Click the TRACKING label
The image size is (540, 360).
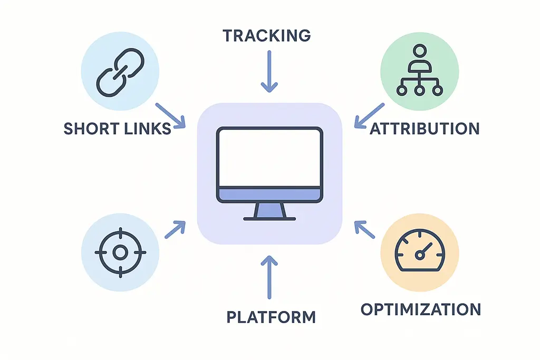point(266,35)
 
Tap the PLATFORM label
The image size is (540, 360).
point(271,317)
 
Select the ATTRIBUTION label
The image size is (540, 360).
point(425,128)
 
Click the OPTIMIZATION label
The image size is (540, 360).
point(420,309)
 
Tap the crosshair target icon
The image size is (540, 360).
point(120,252)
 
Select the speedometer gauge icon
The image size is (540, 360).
point(419,252)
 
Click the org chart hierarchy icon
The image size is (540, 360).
point(419,72)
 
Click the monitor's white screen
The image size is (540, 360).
point(269,157)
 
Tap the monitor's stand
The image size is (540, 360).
point(269,211)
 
